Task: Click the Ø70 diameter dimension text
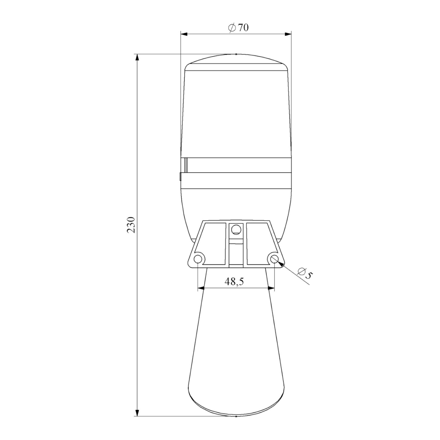[238, 28]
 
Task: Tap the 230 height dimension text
[131, 225]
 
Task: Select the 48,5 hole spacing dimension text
[234, 282]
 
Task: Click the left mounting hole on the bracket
[198, 259]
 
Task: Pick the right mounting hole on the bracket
[275, 259]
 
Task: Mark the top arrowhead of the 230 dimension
[137, 58]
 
